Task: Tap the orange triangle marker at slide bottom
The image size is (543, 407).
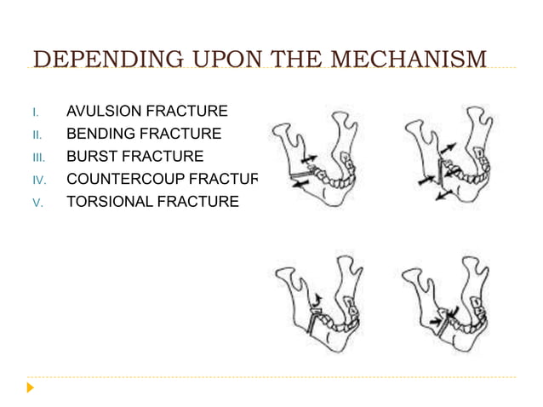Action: (x=31, y=388)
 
